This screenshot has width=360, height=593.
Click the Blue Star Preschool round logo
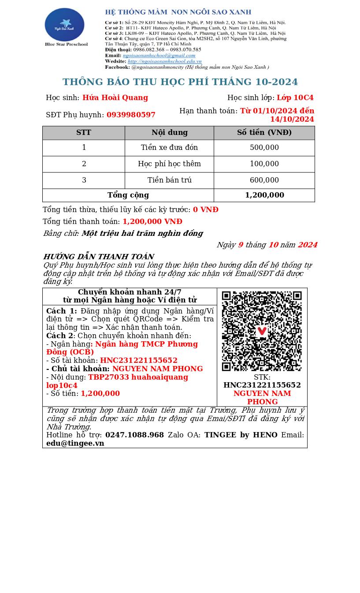pyautogui.click(x=64, y=25)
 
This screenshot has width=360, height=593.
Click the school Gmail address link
pyautogui.click(x=159, y=56)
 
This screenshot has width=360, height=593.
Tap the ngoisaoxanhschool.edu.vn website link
pyautogui.click(x=164, y=61)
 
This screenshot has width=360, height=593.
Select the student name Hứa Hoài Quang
pyautogui.click(x=115, y=98)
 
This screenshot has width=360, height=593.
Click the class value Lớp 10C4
pyautogui.click(x=295, y=98)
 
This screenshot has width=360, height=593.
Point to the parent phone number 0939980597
pyautogui.click(x=131, y=115)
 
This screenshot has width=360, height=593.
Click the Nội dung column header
pyautogui.click(x=169, y=133)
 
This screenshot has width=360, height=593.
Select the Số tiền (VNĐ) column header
pyautogui.click(x=264, y=133)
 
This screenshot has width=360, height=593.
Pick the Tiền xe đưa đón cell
pyautogui.click(x=169, y=148)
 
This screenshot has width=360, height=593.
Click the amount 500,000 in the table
pyautogui.click(x=264, y=148)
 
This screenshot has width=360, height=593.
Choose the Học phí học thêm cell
pyautogui.click(x=169, y=164)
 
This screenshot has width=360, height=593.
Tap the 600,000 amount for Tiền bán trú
pyautogui.click(x=264, y=180)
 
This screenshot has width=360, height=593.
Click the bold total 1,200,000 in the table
pyautogui.click(x=264, y=195)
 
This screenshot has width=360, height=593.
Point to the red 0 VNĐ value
pyautogui.click(x=205, y=210)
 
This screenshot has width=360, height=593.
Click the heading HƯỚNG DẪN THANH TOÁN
pyautogui.click(x=98, y=257)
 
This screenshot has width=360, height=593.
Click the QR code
pyautogui.click(x=262, y=331)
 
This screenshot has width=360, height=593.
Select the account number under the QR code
pyautogui.click(x=262, y=385)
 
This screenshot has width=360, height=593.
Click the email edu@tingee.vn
pyautogui.click(x=75, y=444)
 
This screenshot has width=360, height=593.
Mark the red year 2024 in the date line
pyautogui.click(x=307, y=245)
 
